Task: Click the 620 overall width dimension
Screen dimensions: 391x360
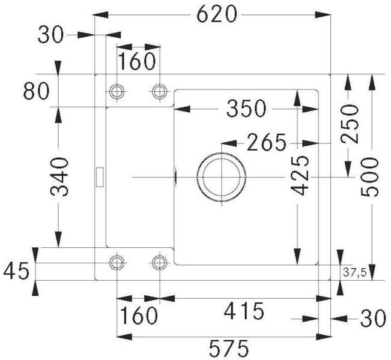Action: [216, 14]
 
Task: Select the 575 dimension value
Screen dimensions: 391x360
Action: [229, 348]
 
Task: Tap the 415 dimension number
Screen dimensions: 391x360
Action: [244, 311]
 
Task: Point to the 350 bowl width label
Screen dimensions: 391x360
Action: [246, 109]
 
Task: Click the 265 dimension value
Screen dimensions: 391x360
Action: [266, 143]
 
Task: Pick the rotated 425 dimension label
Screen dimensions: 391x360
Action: [300, 175]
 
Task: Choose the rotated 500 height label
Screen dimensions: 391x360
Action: [369, 177]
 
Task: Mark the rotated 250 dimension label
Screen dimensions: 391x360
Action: [350, 124]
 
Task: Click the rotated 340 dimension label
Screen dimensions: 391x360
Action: [59, 176]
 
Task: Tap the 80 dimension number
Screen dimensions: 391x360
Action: [37, 91]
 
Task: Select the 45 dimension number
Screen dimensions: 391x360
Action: [16, 271]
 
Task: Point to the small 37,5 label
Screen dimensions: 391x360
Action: [355, 272]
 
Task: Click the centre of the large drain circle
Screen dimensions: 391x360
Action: [222, 177]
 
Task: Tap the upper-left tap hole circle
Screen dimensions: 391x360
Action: [117, 91]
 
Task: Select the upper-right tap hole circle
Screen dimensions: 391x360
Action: [159, 91]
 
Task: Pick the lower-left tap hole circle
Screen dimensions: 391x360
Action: [117, 262]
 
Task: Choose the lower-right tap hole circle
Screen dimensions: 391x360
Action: [159, 262]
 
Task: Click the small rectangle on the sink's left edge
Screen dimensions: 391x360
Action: [100, 177]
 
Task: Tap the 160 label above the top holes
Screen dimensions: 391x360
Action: [137, 61]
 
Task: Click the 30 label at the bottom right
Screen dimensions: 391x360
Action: [373, 318]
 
